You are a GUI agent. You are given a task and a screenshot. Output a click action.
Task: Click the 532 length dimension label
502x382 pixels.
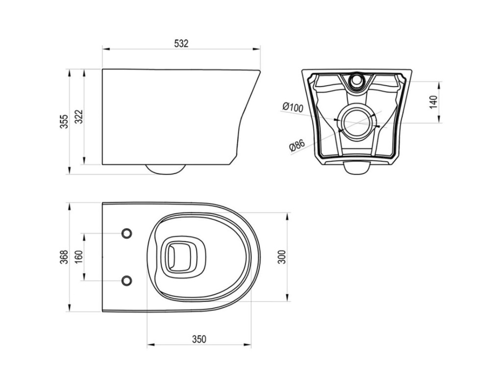(x=181, y=44)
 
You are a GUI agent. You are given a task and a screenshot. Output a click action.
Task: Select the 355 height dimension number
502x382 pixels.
(x=65, y=121)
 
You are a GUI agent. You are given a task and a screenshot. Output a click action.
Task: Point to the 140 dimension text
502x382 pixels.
(x=433, y=102)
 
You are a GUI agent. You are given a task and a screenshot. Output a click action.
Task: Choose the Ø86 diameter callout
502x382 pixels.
(x=297, y=145)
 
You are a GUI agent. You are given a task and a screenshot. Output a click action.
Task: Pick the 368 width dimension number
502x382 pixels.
(x=65, y=257)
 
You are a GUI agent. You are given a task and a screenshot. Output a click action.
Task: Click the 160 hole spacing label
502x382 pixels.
(x=79, y=257)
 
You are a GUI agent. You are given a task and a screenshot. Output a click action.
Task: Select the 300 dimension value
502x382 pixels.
(x=282, y=257)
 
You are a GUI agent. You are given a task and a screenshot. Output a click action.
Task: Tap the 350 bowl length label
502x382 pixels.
(x=199, y=339)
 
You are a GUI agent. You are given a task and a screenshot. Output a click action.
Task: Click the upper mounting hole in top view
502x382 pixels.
(x=127, y=233)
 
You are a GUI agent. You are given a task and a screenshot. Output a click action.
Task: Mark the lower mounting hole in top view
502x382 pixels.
(x=127, y=281)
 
